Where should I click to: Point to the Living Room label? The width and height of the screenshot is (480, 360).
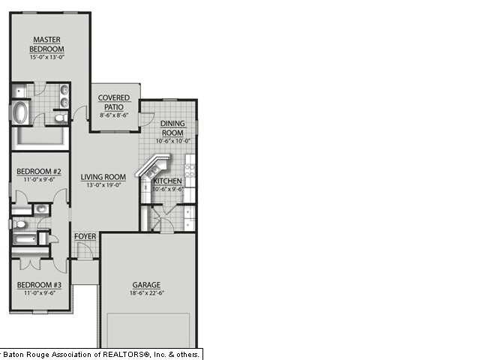[103, 177]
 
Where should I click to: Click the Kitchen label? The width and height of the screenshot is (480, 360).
[166, 181]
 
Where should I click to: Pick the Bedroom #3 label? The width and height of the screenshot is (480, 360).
[39, 285]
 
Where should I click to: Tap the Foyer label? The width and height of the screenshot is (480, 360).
[85, 236]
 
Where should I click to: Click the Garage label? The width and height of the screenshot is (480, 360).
[147, 285]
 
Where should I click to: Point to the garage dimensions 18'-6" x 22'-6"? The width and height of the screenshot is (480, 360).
[148, 293]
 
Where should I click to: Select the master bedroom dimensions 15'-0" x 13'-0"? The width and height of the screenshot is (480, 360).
[46, 57]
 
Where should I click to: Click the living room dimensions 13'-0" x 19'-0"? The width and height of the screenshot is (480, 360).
[103, 186]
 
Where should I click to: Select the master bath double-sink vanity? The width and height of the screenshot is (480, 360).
[64, 96]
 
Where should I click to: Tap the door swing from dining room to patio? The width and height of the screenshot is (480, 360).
[145, 119]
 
